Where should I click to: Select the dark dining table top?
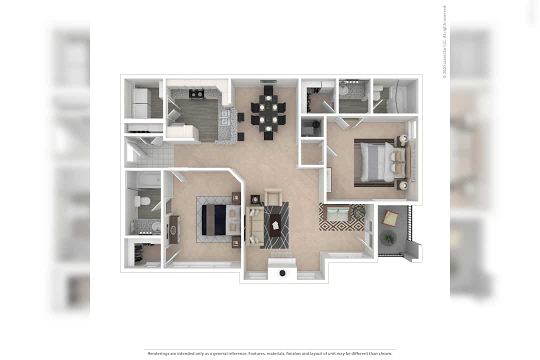[x=268, y=113]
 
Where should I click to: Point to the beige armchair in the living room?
[x=273, y=196]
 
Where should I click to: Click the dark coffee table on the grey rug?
[x=275, y=225]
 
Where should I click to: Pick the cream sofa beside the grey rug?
[x=253, y=225]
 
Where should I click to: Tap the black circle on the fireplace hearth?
[x=282, y=273]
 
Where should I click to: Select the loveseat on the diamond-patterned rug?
[x=338, y=213]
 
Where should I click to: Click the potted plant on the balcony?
[x=389, y=238]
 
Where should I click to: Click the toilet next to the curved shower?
[x=377, y=92]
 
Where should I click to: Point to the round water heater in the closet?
[x=314, y=123]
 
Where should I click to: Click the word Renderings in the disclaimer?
[x=158, y=353]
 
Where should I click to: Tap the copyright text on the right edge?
[x=444, y=41]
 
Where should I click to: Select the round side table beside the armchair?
[x=255, y=199]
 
